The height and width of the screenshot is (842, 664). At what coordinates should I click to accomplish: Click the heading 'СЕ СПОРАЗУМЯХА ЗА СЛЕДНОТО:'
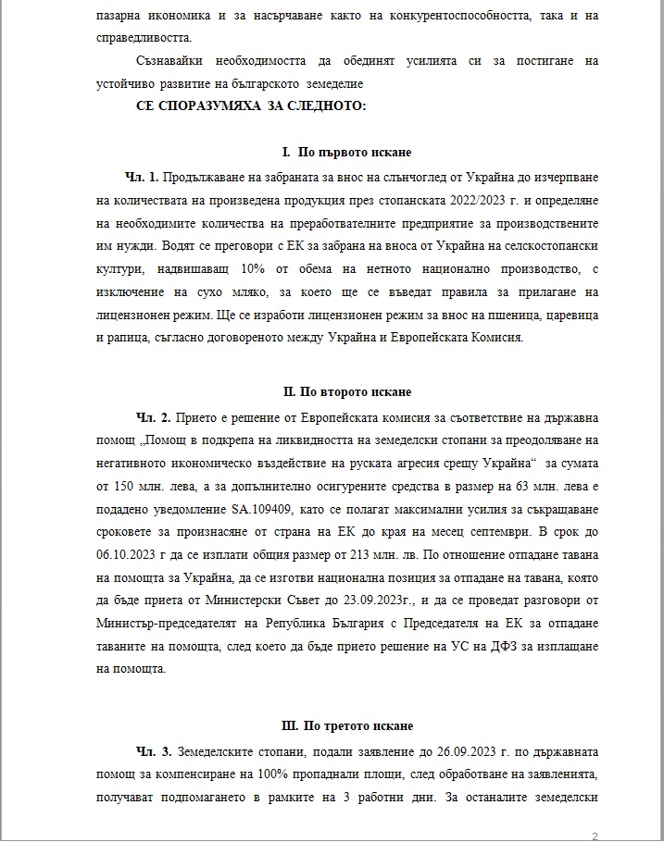(251, 106)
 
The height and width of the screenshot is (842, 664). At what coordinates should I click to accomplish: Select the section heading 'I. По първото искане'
(347, 152)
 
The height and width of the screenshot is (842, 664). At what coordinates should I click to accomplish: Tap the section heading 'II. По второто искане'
(347, 392)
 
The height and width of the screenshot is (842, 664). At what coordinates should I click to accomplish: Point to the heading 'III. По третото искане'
(347, 725)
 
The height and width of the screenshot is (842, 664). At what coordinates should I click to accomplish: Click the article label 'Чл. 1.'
(142, 176)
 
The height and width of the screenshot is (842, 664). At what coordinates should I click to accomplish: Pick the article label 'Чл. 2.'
(154, 416)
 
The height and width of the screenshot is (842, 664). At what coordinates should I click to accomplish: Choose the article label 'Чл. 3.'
(154, 749)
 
